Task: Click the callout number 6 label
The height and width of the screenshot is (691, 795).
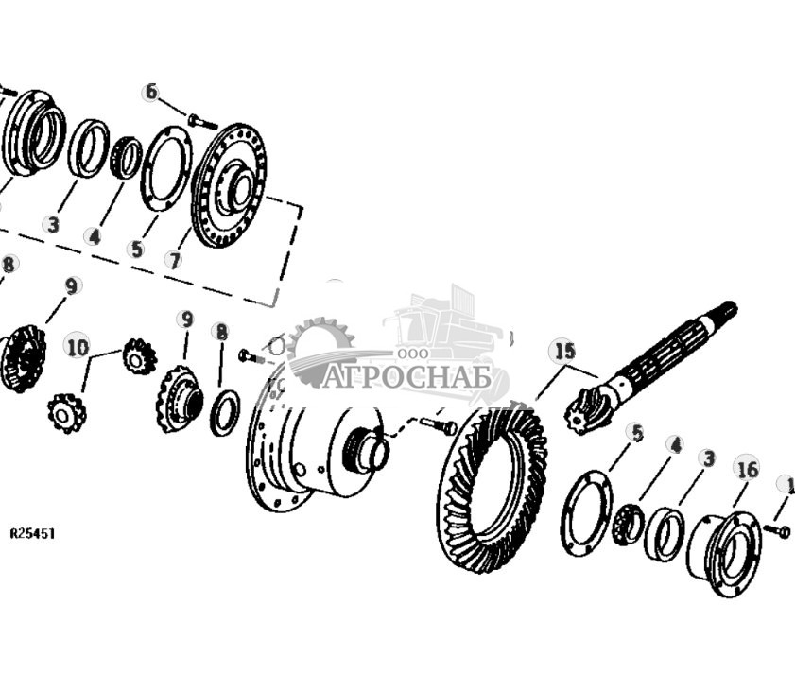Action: (x=150, y=92)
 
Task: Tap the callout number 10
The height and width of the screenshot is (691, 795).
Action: (x=78, y=347)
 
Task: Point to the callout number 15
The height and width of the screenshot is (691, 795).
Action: (x=563, y=352)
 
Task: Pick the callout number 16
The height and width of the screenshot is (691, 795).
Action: (x=747, y=467)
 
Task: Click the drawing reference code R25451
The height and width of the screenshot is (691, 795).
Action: (x=32, y=534)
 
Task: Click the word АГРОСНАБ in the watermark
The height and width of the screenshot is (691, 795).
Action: (x=407, y=377)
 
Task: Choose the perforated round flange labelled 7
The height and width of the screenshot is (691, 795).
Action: (x=228, y=185)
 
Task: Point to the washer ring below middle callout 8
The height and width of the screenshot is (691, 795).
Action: (x=224, y=413)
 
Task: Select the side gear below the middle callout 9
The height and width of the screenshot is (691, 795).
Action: (x=179, y=400)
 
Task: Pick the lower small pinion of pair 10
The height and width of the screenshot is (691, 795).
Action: (x=67, y=413)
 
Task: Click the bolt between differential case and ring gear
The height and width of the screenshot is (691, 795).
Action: (x=438, y=426)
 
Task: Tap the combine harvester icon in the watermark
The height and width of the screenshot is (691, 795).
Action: (x=444, y=326)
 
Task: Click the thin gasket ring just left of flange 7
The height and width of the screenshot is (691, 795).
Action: (x=165, y=168)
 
